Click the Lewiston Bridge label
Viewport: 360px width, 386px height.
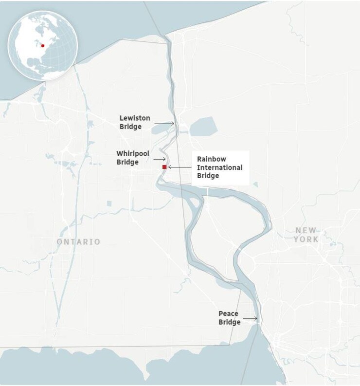pyautogui.click(x=135, y=123)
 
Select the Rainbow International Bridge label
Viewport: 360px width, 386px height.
pyautogui.click(x=219, y=167)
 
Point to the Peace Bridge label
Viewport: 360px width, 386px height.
pyautogui.click(x=229, y=318)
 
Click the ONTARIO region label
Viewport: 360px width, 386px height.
pyautogui.click(x=78, y=242)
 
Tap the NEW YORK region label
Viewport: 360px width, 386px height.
pyautogui.click(x=306, y=235)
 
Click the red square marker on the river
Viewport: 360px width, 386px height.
pyautogui.click(x=164, y=167)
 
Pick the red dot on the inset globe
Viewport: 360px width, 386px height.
pyautogui.click(x=43, y=46)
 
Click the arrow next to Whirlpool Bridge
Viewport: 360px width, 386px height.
pyautogui.click(x=160, y=159)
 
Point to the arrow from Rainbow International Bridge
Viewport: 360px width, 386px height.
pyautogui.click(x=180, y=167)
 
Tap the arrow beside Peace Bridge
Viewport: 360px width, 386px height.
pyautogui.click(x=251, y=319)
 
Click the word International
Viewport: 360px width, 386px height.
pyautogui.click(x=219, y=167)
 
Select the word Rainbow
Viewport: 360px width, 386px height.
pyautogui.click(x=212, y=159)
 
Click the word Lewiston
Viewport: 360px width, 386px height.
pyautogui.click(x=135, y=118)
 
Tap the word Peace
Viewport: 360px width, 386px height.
pyautogui.click(x=228, y=314)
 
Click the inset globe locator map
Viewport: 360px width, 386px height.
pyautogui.click(x=43, y=46)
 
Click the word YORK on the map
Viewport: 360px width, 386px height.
pyautogui.click(x=306, y=239)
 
